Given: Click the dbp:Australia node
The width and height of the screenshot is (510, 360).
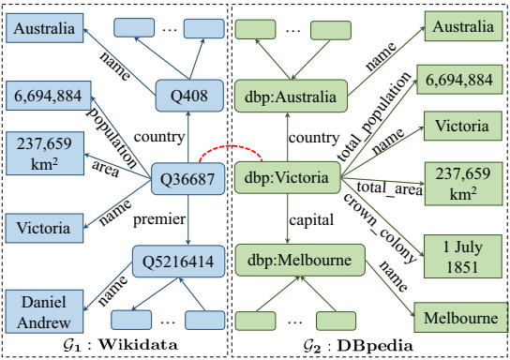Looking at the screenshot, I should (x=292, y=93).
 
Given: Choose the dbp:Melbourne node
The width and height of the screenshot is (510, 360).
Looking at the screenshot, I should (x=292, y=259).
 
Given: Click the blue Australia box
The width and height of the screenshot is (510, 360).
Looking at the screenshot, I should (x=42, y=28).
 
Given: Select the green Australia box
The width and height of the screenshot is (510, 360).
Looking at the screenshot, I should (x=459, y=28).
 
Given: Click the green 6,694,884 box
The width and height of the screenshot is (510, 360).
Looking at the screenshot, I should (x=459, y=81).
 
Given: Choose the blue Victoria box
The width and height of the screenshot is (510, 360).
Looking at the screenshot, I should (x=42, y=228).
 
